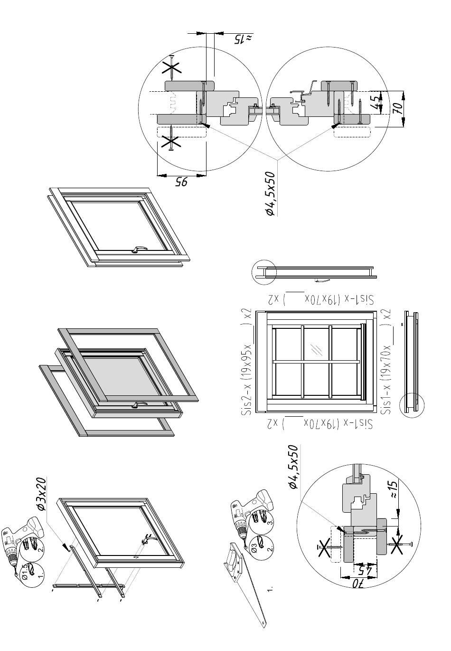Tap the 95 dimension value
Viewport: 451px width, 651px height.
pyautogui.click(x=182, y=182)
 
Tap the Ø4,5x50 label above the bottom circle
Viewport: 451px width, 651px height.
pyautogui.click(x=293, y=467)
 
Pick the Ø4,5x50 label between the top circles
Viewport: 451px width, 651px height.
pyautogui.click(x=270, y=194)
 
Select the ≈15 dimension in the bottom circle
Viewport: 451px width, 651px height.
pyautogui.click(x=393, y=489)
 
